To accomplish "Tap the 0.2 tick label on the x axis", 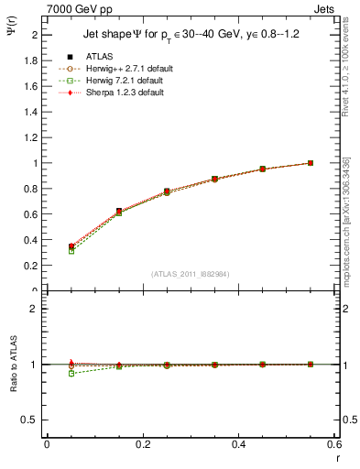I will click(143, 444).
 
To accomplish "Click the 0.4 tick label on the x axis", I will click(238, 444).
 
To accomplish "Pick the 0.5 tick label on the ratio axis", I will click(32, 420).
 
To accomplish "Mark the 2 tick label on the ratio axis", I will click(35, 309).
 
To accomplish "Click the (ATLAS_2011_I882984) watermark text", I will click(190, 274).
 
